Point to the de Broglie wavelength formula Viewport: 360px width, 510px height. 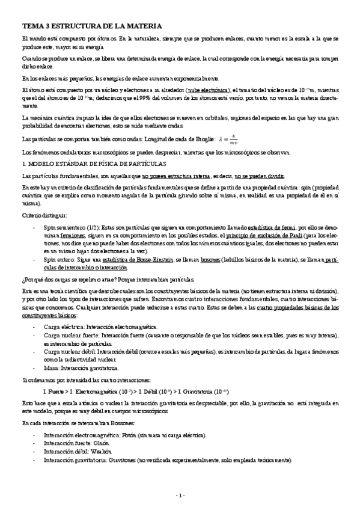(230, 139)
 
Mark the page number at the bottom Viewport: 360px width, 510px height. (179, 495)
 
